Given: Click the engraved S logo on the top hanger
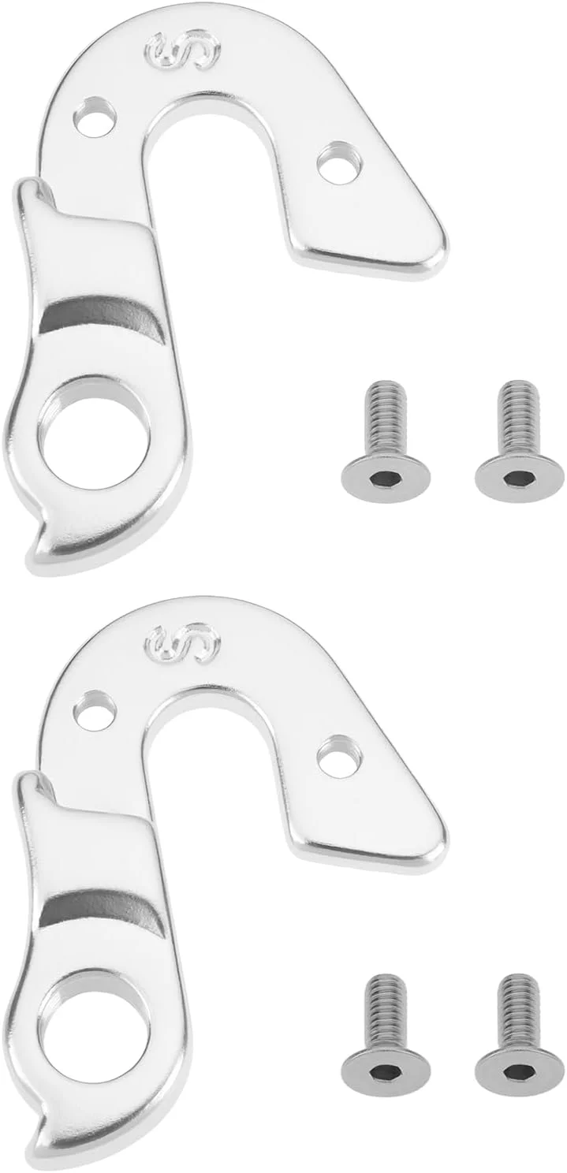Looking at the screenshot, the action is (x=185, y=50).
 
